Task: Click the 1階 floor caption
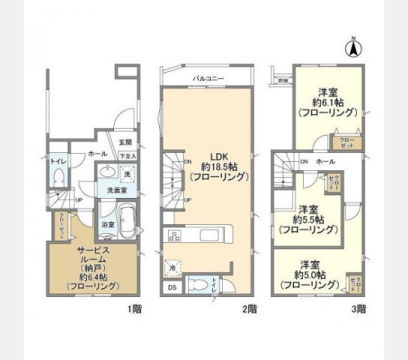click(x=134, y=308)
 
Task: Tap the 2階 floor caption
click(x=250, y=308)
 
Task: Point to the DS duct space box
click(x=172, y=287)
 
